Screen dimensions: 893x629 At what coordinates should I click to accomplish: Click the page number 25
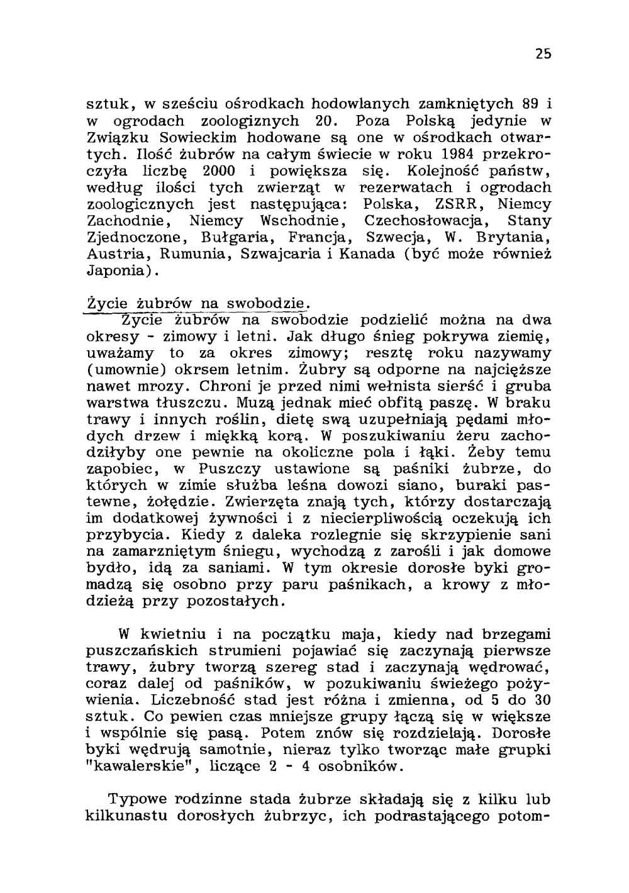click(x=544, y=54)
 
